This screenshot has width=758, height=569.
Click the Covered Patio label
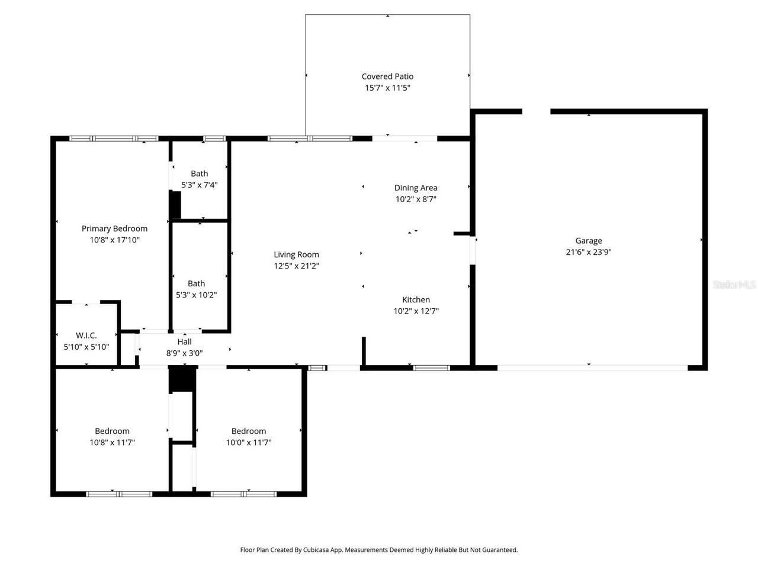[x=387, y=76]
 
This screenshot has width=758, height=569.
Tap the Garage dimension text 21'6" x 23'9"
[x=588, y=252]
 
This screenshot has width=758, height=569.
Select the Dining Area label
[x=416, y=188]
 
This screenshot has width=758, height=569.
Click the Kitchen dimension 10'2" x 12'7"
[x=416, y=311]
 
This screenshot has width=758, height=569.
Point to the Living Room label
[x=296, y=255]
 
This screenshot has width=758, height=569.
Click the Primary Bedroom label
[x=114, y=229]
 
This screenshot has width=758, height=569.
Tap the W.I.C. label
[x=86, y=335]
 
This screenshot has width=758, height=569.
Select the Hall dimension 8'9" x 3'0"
[x=184, y=353]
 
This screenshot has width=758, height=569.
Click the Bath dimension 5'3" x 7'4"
[x=199, y=185]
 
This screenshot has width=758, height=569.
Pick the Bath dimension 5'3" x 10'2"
[x=196, y=295]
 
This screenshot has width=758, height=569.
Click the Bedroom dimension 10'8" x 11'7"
[x=112, y=442]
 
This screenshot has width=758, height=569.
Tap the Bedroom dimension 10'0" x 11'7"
[x=248, y=442]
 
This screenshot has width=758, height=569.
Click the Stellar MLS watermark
[x=734, y=285]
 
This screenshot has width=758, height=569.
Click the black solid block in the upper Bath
[x=175, y=205]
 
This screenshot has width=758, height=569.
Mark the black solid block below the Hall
[x=182, y=380]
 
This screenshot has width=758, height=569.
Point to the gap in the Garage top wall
[x=536, y=111]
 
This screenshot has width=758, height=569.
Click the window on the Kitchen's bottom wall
[x=431, y=368]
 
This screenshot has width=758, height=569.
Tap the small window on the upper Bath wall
[x=214, y=139]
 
